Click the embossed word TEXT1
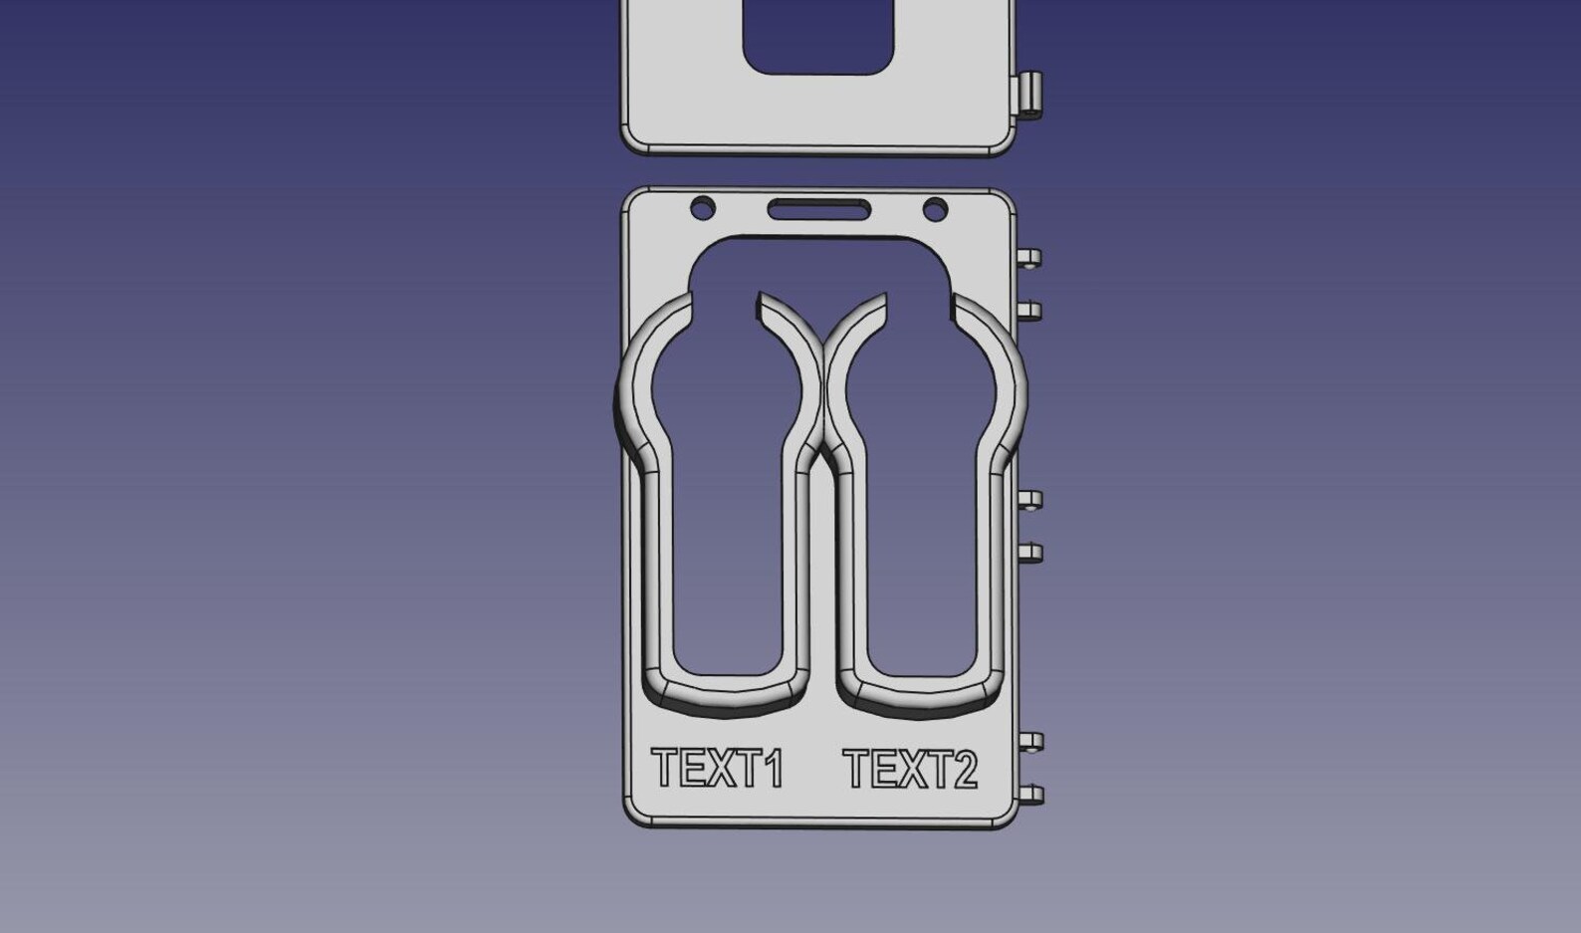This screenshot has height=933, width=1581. coord(718,769)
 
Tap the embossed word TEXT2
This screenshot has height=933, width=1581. coord(910,769)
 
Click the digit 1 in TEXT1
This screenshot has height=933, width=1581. coord(773,769)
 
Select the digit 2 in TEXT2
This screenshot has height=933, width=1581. coord(964,770)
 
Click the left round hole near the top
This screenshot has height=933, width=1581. coord(703,209)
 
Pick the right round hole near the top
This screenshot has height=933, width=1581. coord(935,209)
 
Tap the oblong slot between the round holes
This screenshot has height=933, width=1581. coord(818,209)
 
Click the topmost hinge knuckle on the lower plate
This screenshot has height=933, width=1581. coord(1030,258)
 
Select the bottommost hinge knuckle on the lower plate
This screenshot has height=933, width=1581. coord(1031,795)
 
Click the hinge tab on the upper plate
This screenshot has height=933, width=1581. coord(1029,96)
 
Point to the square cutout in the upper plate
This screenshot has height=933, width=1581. coord(817,35)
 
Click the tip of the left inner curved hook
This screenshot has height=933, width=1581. coord(762,298)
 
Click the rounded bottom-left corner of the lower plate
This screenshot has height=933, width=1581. coord(632,817)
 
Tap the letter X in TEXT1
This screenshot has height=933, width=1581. coord(718,769)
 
